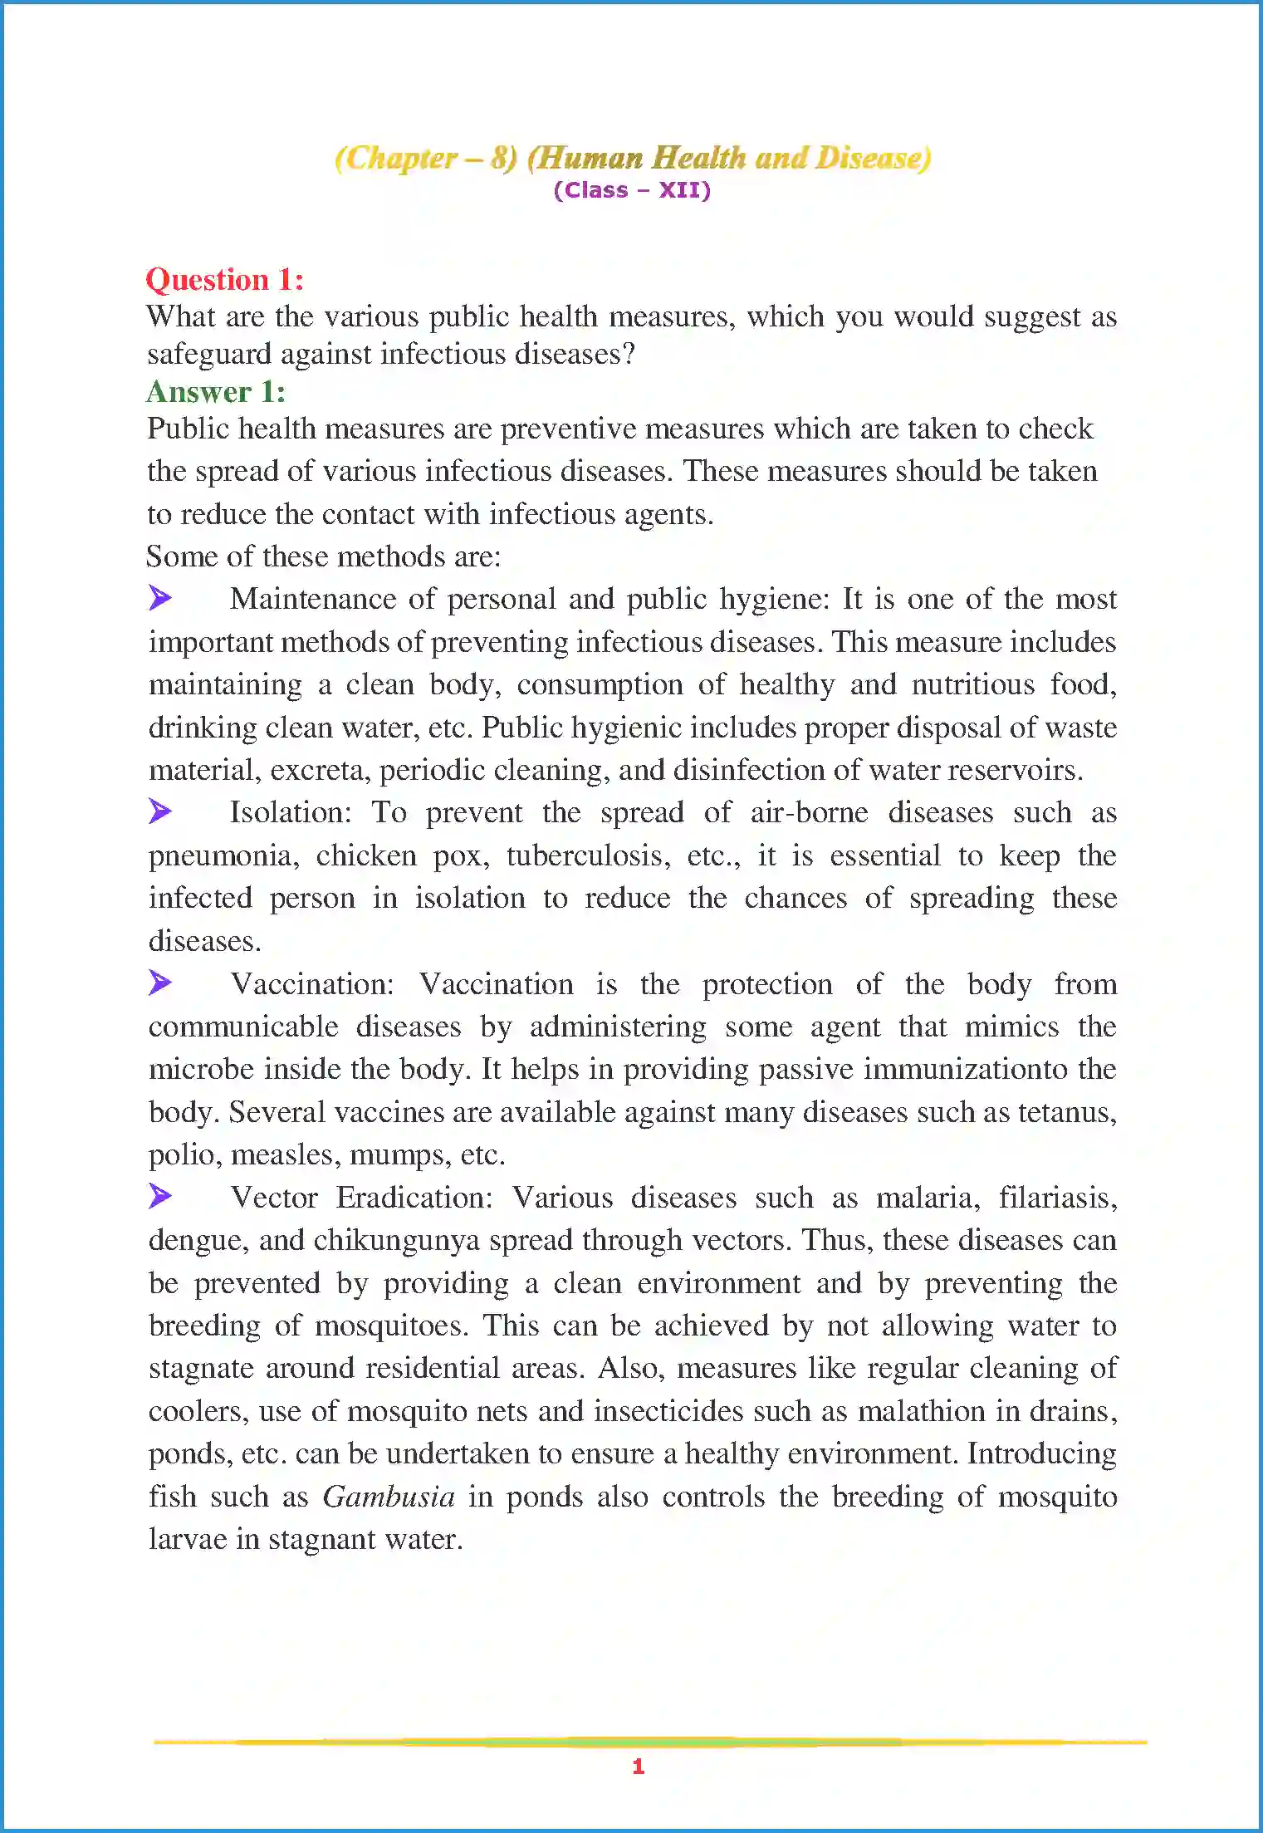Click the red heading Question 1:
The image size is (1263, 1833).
pos(224,280)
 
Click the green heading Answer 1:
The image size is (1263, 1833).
pos(216,391)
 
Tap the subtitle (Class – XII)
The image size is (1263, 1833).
pos(632,190)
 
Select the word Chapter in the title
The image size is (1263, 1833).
pos(401,158)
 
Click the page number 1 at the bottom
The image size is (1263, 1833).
pos(638,1767)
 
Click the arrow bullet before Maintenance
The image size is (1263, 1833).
pos(160,597)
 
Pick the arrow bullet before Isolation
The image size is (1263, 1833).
pos(160,811)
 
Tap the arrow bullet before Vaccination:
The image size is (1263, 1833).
pos(160,983)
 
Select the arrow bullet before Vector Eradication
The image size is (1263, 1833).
pos(160,1196)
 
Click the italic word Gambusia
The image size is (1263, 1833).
pos(389,1497)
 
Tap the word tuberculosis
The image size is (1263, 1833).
pos(588,855)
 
